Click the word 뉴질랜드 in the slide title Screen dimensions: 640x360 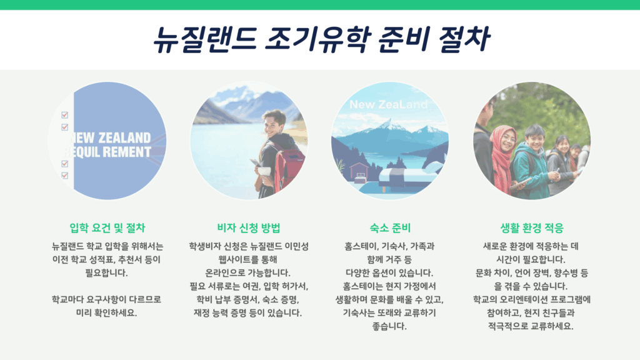coord(205,39)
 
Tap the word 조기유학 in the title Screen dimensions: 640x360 coord(318,39)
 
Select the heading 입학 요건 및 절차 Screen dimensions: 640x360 coord(107,227)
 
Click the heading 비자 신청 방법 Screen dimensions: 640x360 coord(249,227)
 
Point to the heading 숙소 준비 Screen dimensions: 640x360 coord(390,227)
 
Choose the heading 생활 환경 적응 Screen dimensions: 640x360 coord(532,227)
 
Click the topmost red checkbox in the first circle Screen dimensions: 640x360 coord(64,115)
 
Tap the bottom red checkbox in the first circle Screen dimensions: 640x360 coord(64,175)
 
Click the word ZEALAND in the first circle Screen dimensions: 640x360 coord(124,137)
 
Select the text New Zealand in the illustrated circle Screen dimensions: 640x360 coord(388,104)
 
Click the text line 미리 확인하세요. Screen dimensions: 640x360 coord(106,312)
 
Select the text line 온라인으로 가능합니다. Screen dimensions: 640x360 coord(247,272)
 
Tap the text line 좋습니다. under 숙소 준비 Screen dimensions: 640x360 coord(389,326)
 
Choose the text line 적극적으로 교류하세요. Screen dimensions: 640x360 coord(531,326)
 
